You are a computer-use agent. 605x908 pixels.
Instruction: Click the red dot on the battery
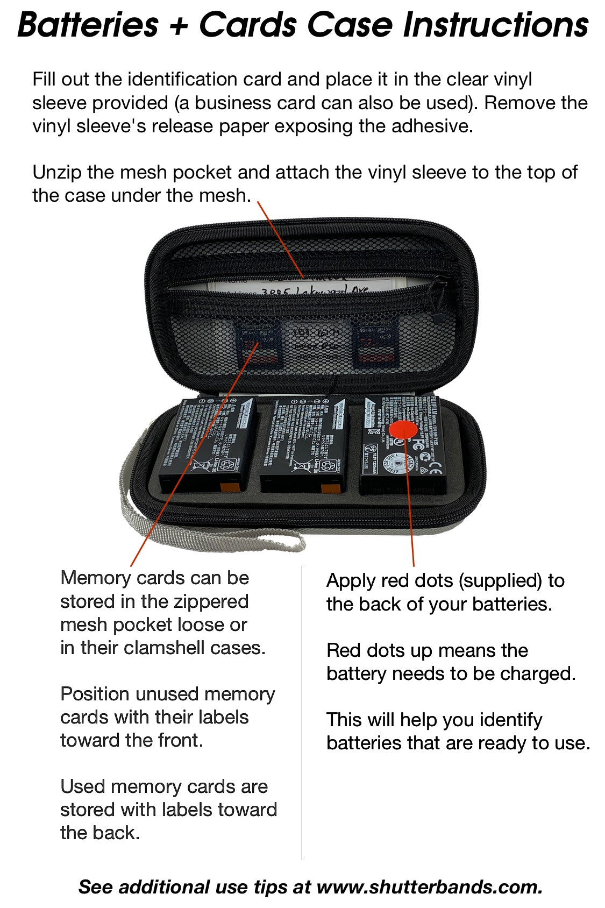(403, 431)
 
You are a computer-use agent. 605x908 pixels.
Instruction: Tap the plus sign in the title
(179, 26)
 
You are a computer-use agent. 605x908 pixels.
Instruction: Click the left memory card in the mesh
(258, 344)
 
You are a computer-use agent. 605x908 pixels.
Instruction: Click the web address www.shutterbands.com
(428, 886)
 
